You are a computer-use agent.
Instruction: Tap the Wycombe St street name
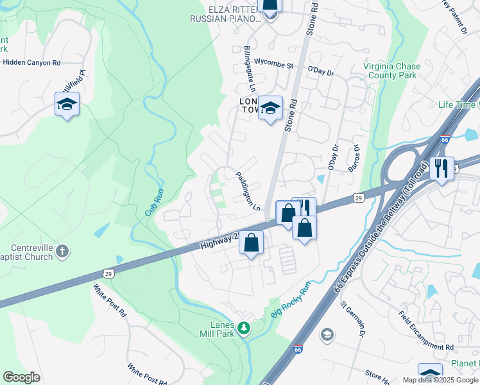pos(273,65)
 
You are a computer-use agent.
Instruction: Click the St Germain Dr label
pos(353,315)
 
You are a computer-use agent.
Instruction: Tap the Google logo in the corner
pos(22,377)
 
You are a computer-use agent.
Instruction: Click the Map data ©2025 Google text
pos(440,380)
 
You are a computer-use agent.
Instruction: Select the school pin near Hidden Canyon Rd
pos(66,105)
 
